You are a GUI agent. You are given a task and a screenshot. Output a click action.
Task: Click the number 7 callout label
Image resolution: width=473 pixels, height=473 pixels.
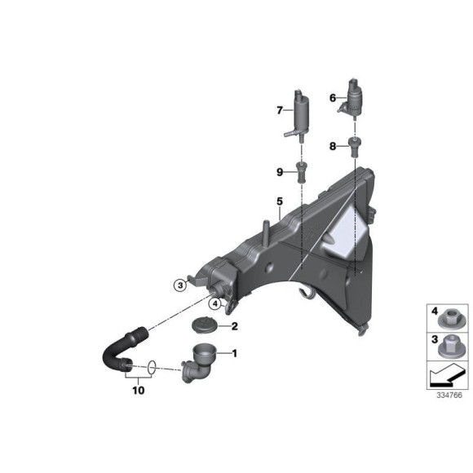[x=278, y=109]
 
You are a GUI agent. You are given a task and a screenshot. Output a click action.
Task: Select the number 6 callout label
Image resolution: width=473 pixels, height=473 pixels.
[x=332, y=98]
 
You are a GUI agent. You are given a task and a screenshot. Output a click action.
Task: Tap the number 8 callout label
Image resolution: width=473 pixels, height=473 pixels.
[x=332, y=147]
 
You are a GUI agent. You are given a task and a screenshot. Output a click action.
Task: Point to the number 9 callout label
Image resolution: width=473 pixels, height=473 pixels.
[x=279, y=172]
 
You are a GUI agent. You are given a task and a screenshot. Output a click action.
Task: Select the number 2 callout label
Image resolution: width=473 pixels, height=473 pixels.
[x=234, y=327]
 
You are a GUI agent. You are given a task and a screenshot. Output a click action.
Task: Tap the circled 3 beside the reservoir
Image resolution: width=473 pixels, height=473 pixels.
[x=179, y=285]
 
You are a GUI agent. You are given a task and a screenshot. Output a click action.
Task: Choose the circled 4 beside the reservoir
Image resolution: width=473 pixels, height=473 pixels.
[x=214, y=303]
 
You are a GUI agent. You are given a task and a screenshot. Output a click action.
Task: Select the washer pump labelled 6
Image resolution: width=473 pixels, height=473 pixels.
[x=356, y=100]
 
